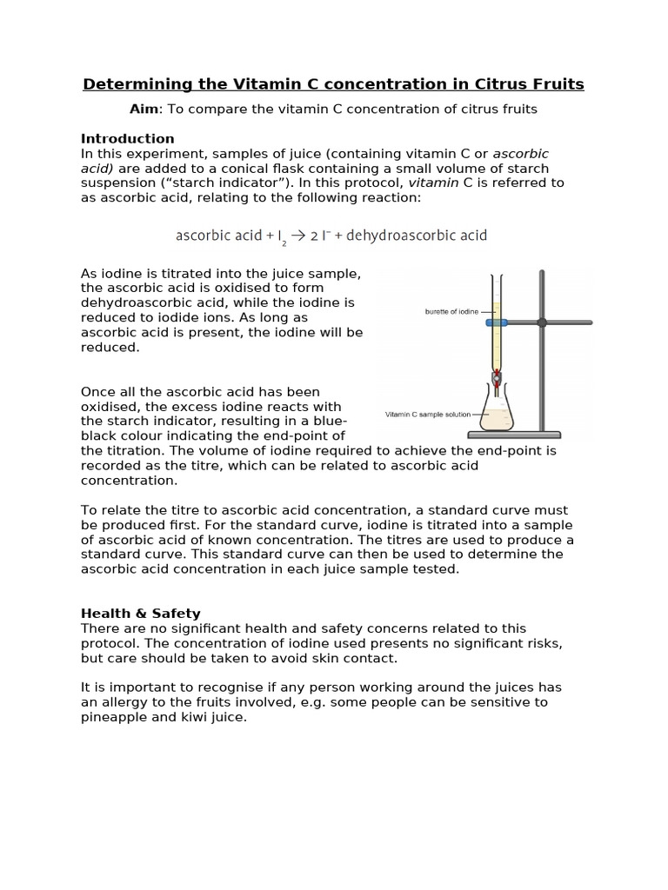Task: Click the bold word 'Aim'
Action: tap(144, 109)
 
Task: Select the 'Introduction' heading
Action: tap(127, 138)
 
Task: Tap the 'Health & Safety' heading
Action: tap(140, 614)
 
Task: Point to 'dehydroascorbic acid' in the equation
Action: tap(417, 236)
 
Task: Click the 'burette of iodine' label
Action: tap(451, 311)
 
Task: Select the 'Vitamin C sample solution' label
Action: tap(427, 415)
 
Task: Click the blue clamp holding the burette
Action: tap(497, 322)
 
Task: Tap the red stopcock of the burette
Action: tap(496, 376)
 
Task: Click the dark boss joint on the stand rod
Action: tap(542, 322)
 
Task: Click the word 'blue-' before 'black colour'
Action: tap(331, 422)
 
